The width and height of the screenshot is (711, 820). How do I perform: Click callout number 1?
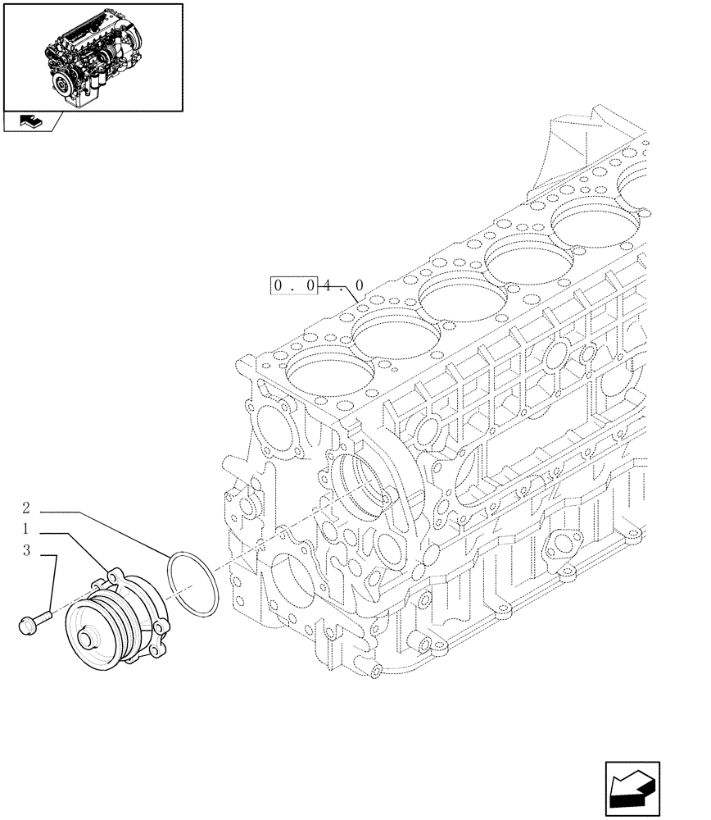tap(27, 529)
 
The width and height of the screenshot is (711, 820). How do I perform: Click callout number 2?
tap(27, 508)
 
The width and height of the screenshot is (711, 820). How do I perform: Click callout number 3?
tap(27, 551)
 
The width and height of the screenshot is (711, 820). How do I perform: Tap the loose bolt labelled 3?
tap(31, 622)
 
